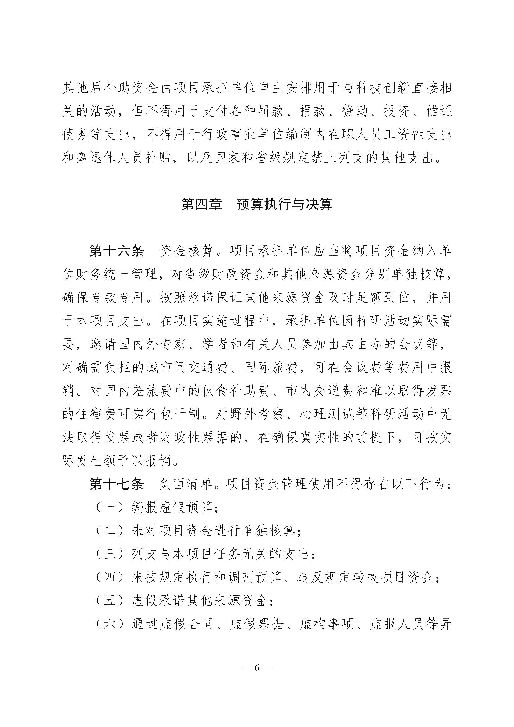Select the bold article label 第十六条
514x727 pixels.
117,251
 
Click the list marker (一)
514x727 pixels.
109,508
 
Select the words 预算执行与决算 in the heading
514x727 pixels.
285,204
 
